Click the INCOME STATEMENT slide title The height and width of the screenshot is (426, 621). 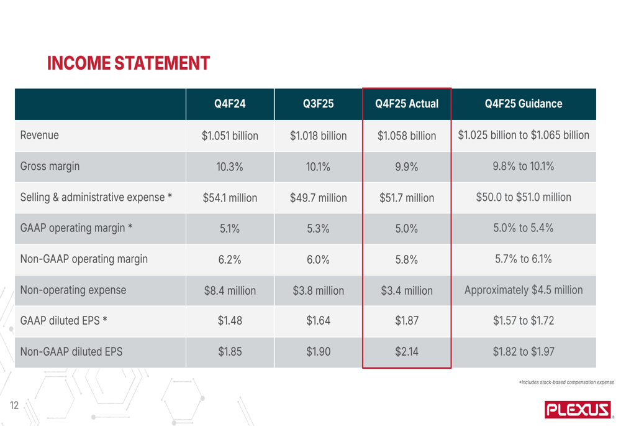pos(129,63)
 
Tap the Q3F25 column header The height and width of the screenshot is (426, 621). pos(319,104)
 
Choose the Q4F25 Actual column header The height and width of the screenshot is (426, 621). pos(407,104)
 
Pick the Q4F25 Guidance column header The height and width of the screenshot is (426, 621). pos(524,104)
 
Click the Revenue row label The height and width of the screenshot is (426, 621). pos(40,135)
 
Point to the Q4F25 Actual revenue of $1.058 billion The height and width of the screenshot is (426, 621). pos(407,135)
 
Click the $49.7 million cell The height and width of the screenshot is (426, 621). pos(319,198)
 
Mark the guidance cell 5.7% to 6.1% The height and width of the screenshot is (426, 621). pos(524,259)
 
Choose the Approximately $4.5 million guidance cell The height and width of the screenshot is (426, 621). pos(524,290)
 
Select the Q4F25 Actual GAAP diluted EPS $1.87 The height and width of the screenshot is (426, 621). pos(407,322)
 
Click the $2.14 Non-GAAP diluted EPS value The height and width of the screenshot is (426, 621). pos(407,352)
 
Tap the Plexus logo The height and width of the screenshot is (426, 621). pos(578,409)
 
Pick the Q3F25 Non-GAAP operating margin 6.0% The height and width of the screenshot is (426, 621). pos(319,259)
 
